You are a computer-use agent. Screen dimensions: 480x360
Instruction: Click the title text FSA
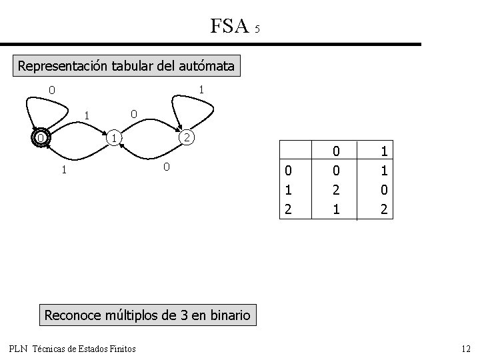coord(229,26)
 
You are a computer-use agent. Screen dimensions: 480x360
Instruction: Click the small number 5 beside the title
coord(257,29)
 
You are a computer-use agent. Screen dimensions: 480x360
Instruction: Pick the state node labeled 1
coord(115,138)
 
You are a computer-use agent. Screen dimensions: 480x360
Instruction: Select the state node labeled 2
coord(188,138)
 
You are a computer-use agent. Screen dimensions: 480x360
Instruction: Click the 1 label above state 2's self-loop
coord(201,89)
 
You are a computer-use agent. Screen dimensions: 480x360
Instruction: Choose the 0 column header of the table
coord(336,151)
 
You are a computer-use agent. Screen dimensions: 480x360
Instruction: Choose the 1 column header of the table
coord(383,151)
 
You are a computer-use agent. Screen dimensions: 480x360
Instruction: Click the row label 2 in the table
coord(288,209)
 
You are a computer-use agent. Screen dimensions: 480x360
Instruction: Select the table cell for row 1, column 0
coord(336,189)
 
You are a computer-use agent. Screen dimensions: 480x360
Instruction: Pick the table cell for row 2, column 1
coord(383,209)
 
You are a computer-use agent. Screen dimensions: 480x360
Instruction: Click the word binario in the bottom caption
coord(227,315)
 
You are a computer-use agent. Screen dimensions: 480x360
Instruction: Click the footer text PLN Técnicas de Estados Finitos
coord(72,348)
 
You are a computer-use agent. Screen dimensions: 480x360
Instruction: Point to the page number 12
coord(465,348)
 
